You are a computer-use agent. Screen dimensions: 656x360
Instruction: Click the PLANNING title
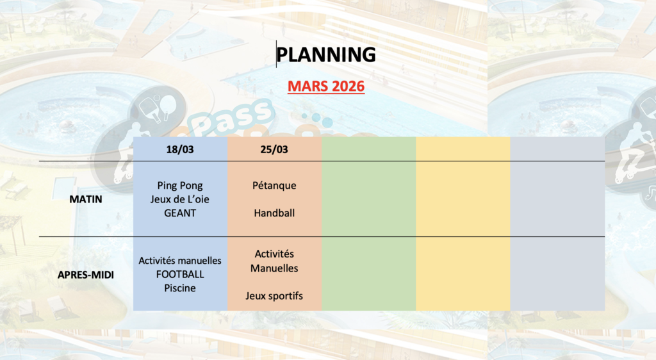(326, 55)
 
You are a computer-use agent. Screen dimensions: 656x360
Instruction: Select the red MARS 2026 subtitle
(326, 86)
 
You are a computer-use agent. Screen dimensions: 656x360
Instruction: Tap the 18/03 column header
(180, 149)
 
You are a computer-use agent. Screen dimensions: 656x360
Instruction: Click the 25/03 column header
(274, 149)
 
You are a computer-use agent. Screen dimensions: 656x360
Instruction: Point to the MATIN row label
(86, 199)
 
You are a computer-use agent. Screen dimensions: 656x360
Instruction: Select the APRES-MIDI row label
(86, 275)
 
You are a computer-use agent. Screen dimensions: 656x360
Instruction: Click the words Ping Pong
(180, 186)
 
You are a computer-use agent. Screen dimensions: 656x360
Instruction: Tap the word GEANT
(180, 213)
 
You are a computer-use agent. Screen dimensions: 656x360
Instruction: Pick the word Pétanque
(274, 186)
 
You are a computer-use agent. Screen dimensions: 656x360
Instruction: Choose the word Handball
(274, 213)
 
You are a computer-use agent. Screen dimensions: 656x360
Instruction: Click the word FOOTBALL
(180, 274)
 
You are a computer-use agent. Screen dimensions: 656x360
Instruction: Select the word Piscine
(180, 288)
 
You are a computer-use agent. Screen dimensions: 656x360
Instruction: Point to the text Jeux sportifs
(274, 296)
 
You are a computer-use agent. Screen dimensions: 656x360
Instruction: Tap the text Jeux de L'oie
(180, 199)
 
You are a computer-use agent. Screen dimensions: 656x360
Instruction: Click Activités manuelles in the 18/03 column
(180, 261)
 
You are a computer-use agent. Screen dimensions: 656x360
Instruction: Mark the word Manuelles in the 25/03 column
(274, 268)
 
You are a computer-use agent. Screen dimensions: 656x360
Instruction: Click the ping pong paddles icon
(158, 108)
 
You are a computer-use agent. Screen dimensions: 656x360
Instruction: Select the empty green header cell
(368, 149)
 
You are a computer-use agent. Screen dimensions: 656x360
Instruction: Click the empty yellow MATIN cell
(463, 199)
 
